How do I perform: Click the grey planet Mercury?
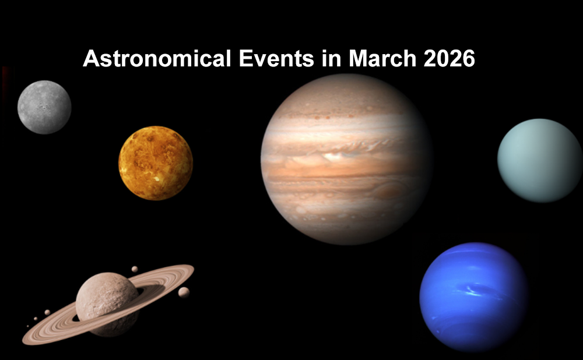[x=44, y=107]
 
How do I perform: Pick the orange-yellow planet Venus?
[x=156, y=163]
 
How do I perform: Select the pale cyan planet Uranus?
[x=539, y=160]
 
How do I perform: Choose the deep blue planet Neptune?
[x=473, y=297]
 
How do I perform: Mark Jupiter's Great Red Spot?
[x=392, y=189]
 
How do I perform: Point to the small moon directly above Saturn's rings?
[x=135, y=269]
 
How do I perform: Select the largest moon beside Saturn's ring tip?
[x=184, y=292]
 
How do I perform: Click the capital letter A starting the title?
[x=89, y=59]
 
